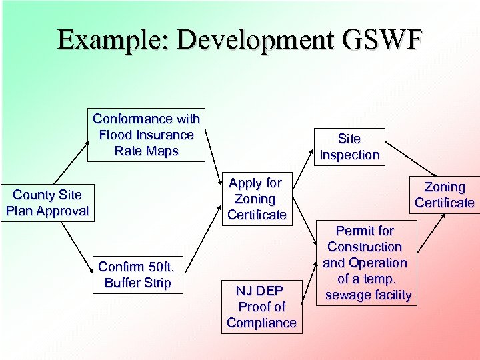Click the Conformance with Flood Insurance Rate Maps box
[x=146, y=135]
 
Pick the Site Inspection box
[x=349, y=147]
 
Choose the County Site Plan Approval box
[x=46, y=203]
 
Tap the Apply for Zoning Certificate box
[x=257, y=199]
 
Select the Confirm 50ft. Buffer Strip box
[x=137, y=275]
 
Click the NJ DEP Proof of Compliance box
[x=261, y=307]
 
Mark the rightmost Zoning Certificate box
[x=444, y=195]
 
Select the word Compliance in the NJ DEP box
[x=261, y=323]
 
